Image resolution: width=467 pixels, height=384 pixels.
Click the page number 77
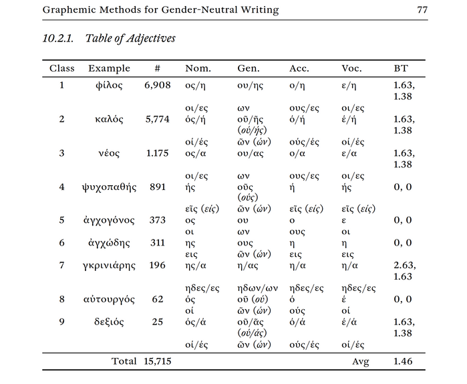(x=422, y=10)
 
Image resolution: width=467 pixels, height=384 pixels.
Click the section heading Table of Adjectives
(x=130, y=38)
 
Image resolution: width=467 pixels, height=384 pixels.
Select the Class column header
(x=61, y=68)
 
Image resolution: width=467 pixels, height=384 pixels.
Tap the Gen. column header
(x=249, y=68)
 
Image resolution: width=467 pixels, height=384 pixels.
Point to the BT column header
(x=401, y=68)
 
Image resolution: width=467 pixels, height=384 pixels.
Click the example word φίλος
(x=109, y=85)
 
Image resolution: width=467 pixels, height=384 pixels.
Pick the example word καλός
(x=109, y=119)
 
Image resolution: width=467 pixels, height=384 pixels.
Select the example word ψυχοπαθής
(x=109, y=187)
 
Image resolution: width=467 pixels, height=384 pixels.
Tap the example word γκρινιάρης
(x=109, y=266)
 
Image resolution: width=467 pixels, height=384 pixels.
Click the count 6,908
(x=158, y=86)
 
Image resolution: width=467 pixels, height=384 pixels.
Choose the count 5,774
(x=158, y=120)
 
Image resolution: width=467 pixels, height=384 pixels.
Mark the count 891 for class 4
(x=158, y=187)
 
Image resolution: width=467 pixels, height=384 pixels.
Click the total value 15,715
(x=158, y=361)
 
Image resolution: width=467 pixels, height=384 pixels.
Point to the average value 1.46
(x=403, y=361)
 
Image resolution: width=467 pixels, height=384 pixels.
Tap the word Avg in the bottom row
(x=360, y=362)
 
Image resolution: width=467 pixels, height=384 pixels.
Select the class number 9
(x=61, y=322)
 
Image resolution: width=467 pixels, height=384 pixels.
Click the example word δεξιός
(x=109, y=322)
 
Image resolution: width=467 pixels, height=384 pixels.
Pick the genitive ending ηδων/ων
(x=258, y=288)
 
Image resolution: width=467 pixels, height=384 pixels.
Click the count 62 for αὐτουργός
(x=158, y=299)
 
